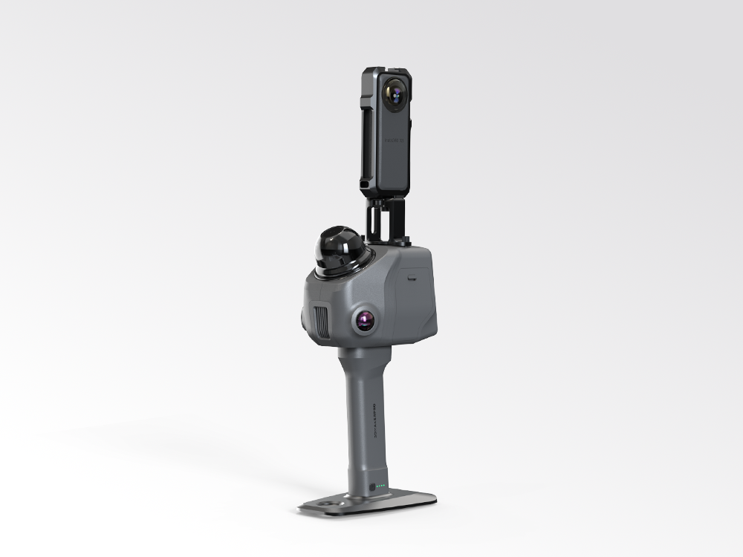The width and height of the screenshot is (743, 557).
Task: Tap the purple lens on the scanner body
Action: coord(365,321)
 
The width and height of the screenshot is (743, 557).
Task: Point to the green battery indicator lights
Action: coord(381,487)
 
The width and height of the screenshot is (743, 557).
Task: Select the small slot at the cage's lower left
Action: coord(365,181)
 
